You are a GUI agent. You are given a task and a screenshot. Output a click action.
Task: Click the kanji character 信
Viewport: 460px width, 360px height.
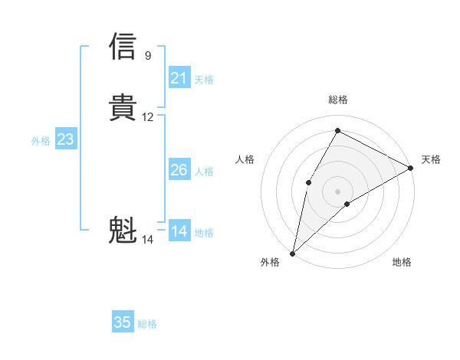click(x=123, y=46)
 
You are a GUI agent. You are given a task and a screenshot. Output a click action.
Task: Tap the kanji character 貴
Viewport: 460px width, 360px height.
click(x=123, y=107)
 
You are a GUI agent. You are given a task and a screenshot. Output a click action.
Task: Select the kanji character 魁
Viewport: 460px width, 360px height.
click(x=123, y=230)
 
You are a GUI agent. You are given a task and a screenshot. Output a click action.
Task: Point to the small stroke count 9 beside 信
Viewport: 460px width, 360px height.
click(x=148, y=56)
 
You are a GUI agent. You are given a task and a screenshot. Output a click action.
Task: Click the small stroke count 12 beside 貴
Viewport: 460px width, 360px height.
click(x=148, y=117)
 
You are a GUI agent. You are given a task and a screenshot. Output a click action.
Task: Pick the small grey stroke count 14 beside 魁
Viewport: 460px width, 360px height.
click(x=148, y=240)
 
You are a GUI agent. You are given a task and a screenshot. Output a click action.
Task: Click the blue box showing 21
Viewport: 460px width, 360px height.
click(x=179, y=78)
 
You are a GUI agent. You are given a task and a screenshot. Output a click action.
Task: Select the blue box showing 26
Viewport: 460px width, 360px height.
click(x=179, y=170)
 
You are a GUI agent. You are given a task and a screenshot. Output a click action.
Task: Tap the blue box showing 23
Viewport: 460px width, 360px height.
click(x=65, y=139)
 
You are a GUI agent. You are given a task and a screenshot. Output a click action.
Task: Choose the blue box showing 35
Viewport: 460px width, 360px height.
click(x=123, y=322)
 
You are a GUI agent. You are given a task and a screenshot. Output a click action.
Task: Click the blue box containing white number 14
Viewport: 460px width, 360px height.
click(x=179, y=231)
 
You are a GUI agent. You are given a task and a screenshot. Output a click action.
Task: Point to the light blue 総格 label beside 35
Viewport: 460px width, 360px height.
click(x=147, y=324)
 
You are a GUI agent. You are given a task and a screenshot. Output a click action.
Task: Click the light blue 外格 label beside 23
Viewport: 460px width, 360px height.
click(x=40, y=141)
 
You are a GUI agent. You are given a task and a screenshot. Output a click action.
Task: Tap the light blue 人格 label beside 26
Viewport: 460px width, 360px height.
click(x=204, y=172)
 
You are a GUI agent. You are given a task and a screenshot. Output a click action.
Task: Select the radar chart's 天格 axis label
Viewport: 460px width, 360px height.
click(x=431, y=159)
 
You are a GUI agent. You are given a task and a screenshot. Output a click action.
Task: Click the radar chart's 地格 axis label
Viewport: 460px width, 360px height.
click(x=402, y=263)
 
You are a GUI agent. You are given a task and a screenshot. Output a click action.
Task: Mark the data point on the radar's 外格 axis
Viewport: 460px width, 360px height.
click(x=292, y=253)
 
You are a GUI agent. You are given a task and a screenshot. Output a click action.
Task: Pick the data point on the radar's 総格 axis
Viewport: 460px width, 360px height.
click(x=337, y=129)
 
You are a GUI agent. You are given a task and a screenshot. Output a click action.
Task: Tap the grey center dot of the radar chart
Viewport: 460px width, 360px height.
click(x=337, y=191)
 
